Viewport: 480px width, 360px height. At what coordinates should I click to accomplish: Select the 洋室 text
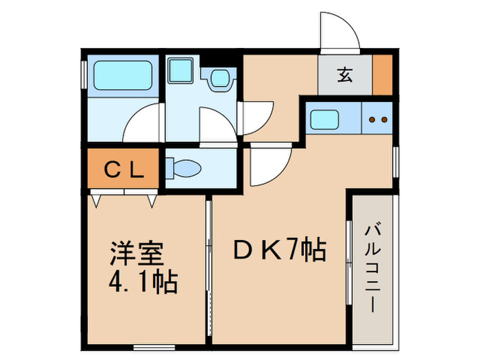136,254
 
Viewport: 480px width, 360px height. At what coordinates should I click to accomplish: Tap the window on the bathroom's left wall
84,75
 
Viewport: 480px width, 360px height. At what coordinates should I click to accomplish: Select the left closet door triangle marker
96,201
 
